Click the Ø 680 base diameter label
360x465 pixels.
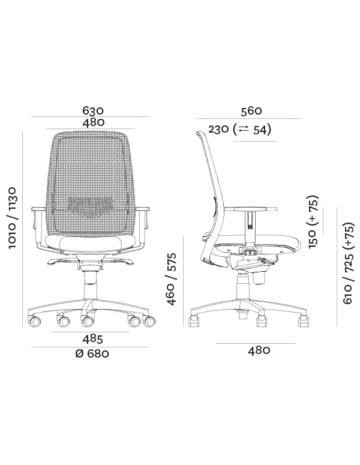(x=92, y=353)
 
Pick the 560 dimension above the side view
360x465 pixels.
(x=251, y=110)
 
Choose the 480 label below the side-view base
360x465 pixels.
(x=259, y=350)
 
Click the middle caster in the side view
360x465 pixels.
(x=262, y=322)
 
